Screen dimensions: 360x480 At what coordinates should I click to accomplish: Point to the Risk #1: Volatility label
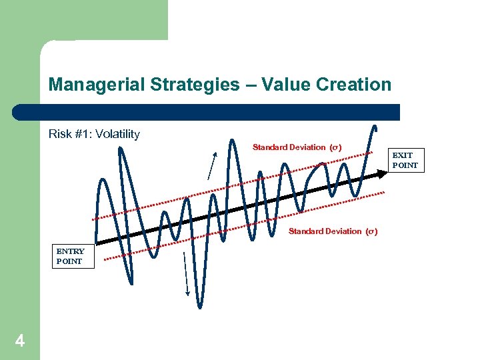tap(94, 134)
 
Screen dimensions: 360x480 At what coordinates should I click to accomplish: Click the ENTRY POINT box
tap(70, 257)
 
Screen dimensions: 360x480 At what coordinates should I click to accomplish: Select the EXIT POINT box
tap(405, 161)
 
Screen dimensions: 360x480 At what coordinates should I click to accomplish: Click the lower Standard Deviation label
tap(333, 231)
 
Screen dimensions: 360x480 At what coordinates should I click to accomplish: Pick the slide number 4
tap(20, 341)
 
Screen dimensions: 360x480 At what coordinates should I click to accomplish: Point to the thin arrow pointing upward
tap(213, 166)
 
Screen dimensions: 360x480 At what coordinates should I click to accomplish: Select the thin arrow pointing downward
tap(186, 273)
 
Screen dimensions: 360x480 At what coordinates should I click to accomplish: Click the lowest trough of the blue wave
tap(199, 306)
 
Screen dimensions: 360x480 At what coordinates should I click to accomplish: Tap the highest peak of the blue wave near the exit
tap(375, 127)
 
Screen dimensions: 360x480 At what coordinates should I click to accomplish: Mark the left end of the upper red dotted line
tap(93, 219)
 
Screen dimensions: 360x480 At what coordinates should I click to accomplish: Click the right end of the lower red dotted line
tap(385, 194)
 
